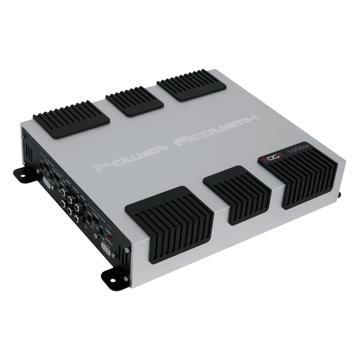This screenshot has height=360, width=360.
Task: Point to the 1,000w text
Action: tap(295, 152)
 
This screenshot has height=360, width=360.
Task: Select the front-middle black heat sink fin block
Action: tap(237, 194)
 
